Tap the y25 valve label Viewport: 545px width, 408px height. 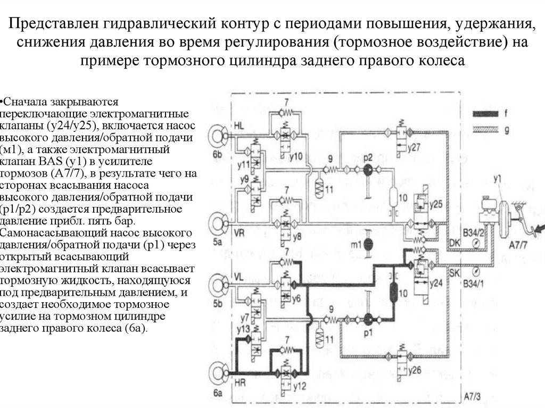(x=436, y=204)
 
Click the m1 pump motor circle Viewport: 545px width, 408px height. (x=368, y=244)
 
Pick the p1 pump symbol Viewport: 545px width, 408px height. (x=368, y=319)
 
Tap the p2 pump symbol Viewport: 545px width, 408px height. (x=368, y=169)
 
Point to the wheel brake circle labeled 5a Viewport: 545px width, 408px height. (x=219, y=222)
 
